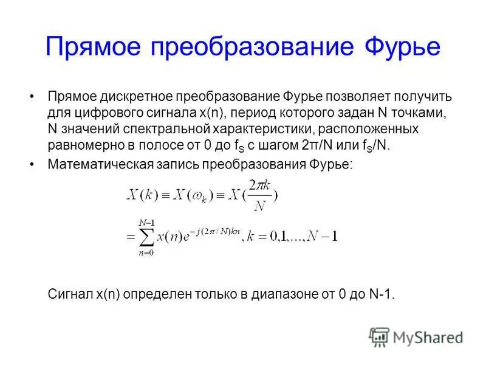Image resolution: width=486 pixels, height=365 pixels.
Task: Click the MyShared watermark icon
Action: click(380, 336)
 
